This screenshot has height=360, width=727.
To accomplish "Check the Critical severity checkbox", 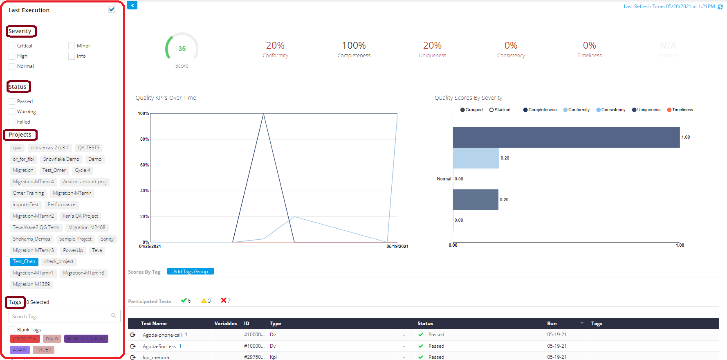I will click(x=12, y=46).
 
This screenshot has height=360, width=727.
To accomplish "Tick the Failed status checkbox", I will click(x=12, y=122).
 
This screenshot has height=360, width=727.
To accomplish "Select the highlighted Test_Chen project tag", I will click(x=24, y=261).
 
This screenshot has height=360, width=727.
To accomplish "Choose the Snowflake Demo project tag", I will click(x=61, y=159).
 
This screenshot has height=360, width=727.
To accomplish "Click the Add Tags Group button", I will click(x=190, y=272).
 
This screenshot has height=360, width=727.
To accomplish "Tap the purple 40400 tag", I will click(x=20, y=350).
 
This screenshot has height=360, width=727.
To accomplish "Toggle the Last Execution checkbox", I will click(x=112, y=9).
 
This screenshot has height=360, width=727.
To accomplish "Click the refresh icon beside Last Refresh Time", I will click(x=720, y=7).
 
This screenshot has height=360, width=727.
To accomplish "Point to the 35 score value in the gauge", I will click(x=182, y=49).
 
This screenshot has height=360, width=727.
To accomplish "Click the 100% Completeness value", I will click(x=354, y=45).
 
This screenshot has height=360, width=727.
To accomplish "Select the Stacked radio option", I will click(x=491, y=110).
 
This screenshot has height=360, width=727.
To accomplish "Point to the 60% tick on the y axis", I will click(x=144, y=165).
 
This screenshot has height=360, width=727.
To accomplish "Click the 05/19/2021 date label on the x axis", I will click(x=397, y=246).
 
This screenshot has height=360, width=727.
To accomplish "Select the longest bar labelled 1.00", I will click(x=566, y=137).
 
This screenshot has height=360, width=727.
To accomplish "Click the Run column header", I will click(x=552, y=324).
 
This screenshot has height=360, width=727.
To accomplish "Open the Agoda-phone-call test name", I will click(x=162, y=335).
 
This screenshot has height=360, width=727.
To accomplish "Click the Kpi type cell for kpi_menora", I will click(x=273, y=357).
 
